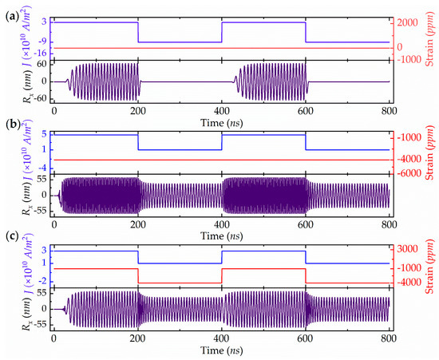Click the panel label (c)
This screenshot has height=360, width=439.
10,237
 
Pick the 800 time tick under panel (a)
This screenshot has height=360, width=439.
390,110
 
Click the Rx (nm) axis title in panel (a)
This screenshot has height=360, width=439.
11,82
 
